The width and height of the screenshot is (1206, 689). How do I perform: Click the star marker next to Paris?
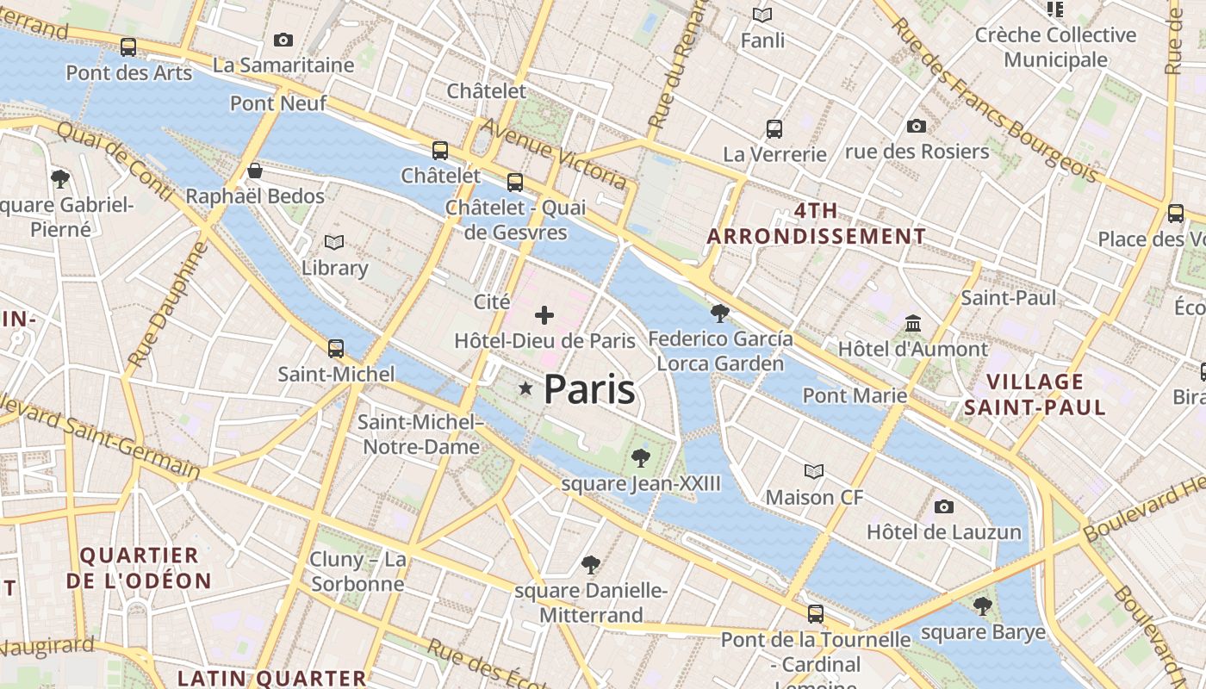(x=525, y=389)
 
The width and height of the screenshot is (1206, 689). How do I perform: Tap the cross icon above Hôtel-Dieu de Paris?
(x=544, y=315)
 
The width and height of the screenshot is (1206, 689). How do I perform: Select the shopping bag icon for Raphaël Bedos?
(x=255, y=170)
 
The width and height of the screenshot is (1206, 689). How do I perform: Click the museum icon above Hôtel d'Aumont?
(x=913, y=323)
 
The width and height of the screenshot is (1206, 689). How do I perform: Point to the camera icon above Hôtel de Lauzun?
(x=944, y=506)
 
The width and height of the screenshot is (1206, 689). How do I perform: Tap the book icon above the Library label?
(x=334, y=243)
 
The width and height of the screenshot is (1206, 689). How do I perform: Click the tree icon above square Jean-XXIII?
(x=640, y=457)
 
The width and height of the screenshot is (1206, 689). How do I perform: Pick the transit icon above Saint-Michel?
(x=336, y=349)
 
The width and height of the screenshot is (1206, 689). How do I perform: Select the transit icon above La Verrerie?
(x=774, y=129)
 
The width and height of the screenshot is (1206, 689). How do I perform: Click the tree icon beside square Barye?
(x=982, y=606)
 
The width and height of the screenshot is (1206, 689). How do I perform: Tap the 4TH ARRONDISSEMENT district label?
(x=817, y=223)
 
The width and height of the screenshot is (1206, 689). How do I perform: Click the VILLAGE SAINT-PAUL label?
(x=1035, y=394)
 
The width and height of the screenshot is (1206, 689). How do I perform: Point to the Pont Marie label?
(x=855, y=395)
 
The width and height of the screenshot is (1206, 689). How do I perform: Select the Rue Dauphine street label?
(x=168, y=304)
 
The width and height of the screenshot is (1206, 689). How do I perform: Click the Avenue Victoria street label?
(x=553, y=153)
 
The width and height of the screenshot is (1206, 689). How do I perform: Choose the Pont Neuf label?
(x=278, y=103)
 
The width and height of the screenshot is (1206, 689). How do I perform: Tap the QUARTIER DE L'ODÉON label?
(x=139, y=568)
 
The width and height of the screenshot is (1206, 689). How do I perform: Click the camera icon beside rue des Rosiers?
(x=917, y=127)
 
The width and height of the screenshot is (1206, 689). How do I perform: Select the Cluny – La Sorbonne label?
(x=357, y=572)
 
